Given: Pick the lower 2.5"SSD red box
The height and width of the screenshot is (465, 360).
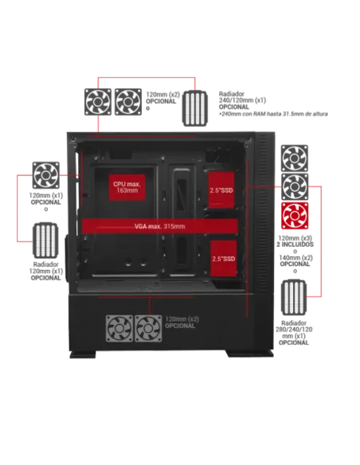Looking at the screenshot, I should click(222, 259).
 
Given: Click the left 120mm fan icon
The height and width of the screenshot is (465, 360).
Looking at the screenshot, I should click(119, 326).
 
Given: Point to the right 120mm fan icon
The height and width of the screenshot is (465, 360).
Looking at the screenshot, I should click(148, 326).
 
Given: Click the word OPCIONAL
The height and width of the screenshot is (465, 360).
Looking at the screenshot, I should click(181, 326).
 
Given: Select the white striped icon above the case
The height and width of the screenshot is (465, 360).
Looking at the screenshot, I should click(196, 106).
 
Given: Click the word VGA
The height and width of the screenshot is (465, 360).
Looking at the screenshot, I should click(142, 226).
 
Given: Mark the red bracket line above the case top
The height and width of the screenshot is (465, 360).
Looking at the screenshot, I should click(147, 78).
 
